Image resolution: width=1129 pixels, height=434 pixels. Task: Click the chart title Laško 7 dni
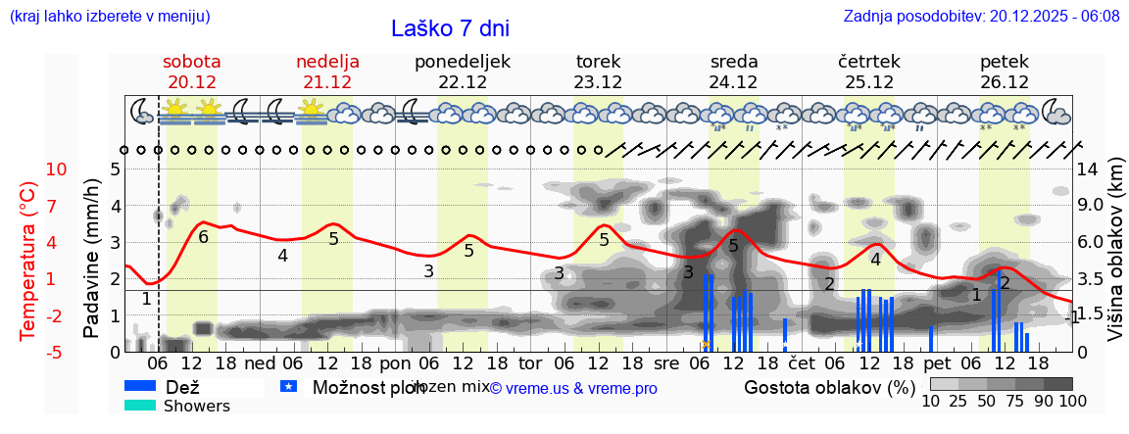(450, 28)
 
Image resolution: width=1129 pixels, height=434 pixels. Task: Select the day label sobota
(192, 62)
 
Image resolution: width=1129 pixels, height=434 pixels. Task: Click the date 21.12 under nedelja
(327, 82)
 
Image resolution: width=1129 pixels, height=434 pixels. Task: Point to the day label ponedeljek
(463, 62)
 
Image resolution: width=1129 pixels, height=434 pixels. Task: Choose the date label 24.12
(733, 82)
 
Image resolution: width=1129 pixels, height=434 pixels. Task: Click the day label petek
(1005, 62)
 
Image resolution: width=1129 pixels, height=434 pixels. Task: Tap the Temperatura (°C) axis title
(28, 261)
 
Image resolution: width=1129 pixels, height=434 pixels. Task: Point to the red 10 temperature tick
(56, 169)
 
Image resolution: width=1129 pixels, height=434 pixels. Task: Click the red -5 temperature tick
(56, 352)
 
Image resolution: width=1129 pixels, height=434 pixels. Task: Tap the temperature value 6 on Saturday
(203, 236)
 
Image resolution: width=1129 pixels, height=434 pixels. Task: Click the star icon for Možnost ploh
(288, 387)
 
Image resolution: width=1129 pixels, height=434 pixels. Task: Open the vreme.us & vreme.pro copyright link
(573, 388)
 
